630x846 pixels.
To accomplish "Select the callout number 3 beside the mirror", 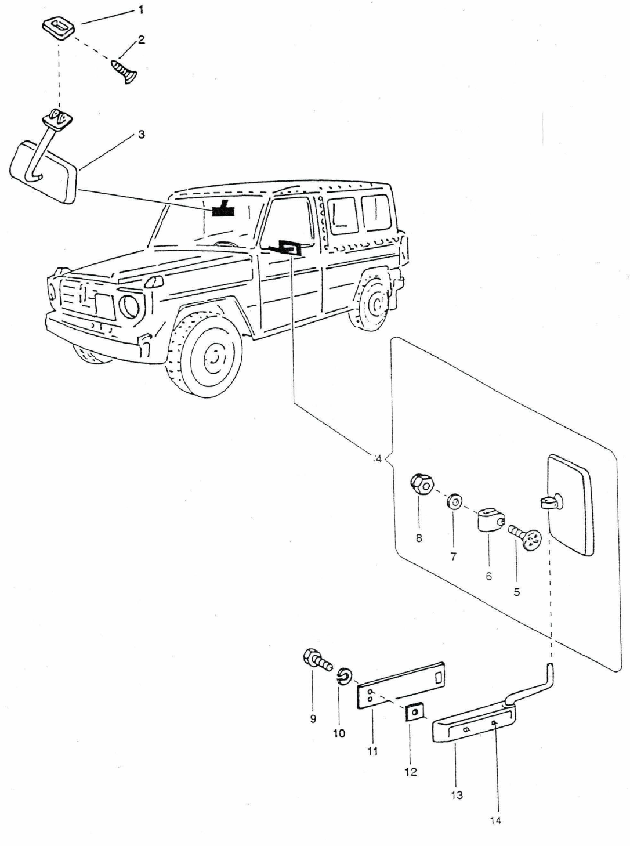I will (x=141, y=135).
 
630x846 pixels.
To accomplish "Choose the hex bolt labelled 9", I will (x=315, y=661).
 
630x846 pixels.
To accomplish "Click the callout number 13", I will (x=457, y=795).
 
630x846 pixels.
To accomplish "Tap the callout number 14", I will (x=495, y=820).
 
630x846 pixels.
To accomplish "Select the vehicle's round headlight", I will (x=130, y=308).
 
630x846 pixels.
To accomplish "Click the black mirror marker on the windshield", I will (x=222, y=209).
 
